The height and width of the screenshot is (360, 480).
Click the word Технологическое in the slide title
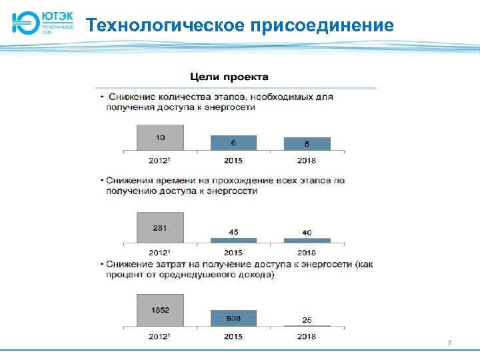(167, 25)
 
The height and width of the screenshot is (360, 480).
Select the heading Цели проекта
(230, 77)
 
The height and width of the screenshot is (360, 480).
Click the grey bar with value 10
(160, 138)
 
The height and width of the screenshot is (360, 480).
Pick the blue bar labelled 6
(233, 143)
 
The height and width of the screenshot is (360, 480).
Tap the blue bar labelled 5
(307, 143)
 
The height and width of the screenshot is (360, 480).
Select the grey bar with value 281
(160, 229)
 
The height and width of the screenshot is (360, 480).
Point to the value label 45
(233, 232)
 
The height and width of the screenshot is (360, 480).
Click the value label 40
(307, 233)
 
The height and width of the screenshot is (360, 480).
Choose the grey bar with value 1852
(160, 310)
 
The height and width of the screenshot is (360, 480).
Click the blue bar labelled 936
(233, 318)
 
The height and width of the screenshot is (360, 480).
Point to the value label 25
(307, 319)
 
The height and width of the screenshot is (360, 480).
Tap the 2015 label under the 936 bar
(233, 336)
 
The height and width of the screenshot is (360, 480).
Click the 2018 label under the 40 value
(307, 253)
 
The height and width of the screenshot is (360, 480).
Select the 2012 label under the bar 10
(160, 161)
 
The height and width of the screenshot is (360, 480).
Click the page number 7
(449, 343)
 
